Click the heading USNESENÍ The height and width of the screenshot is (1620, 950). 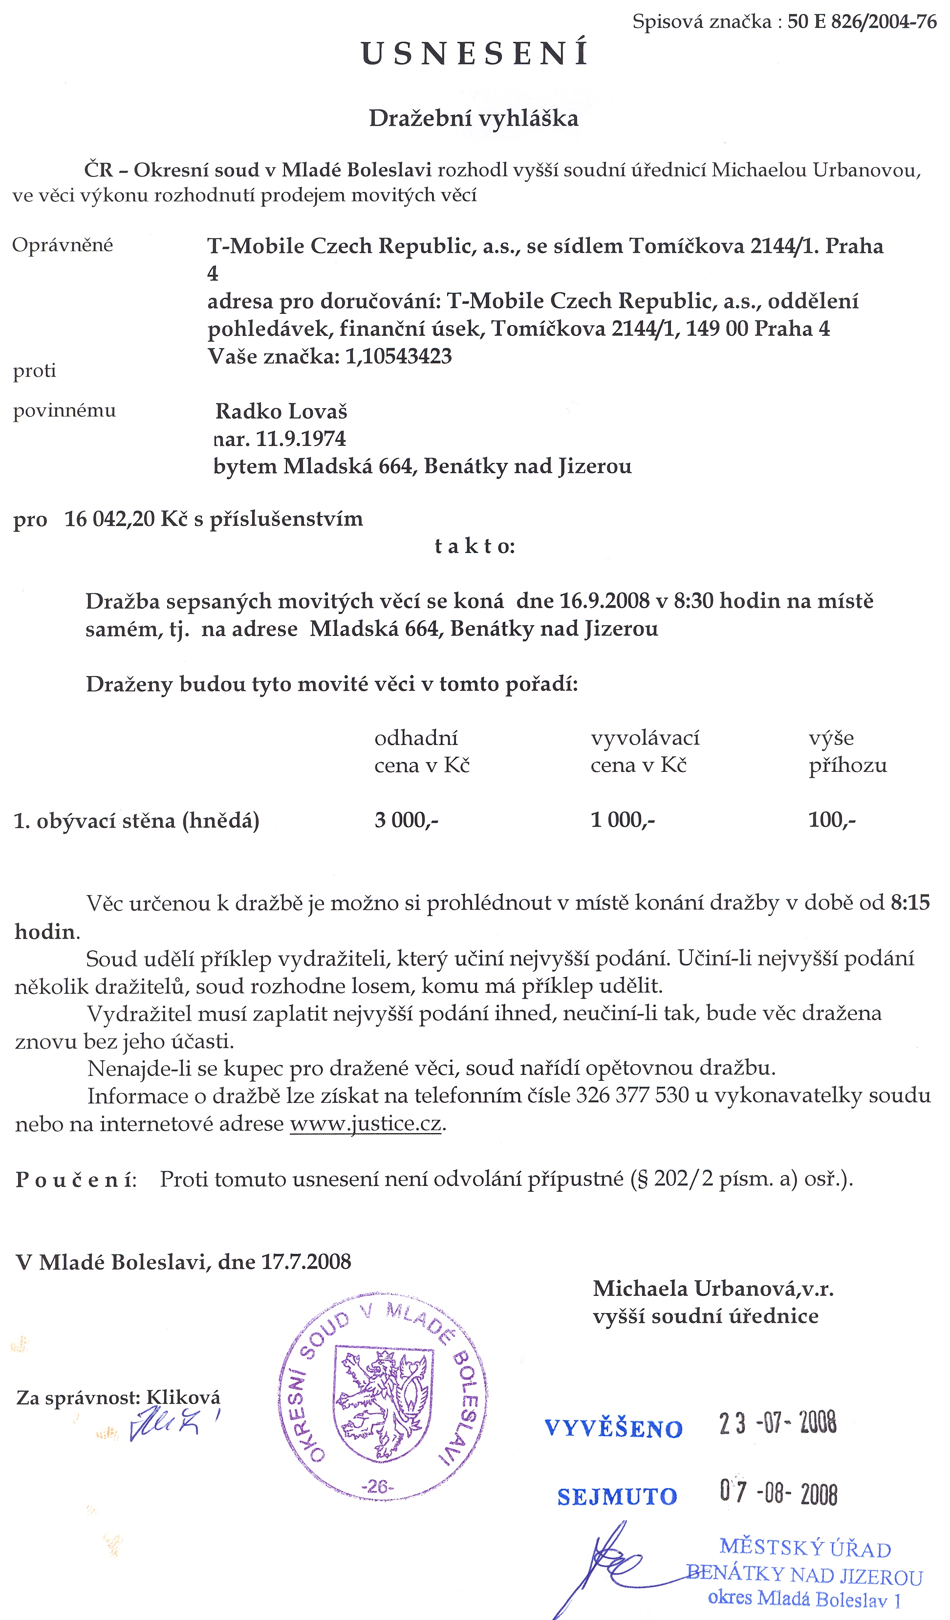(x=475, y=54)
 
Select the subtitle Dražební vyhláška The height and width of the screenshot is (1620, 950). (x=474, y=118)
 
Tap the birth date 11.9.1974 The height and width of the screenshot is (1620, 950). (x=301, y=439)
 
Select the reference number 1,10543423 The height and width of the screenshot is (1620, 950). (x=398, y=356)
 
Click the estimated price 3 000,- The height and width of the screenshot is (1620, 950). (x=406, y=820)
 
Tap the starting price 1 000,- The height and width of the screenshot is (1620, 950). (x=622, y=820)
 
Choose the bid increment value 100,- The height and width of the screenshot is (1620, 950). (x=832, y=820)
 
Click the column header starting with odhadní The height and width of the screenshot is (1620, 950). (x=422, y=751)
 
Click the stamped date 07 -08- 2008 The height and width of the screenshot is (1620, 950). (x=778, y=1493)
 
